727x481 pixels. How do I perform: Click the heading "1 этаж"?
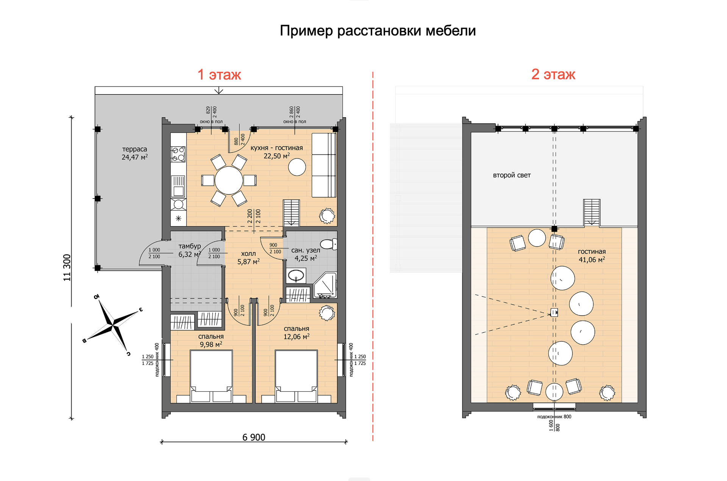tap(219, 74)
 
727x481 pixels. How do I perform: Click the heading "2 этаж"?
tap(553, 74)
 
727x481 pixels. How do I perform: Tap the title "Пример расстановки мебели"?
tap(378, 31)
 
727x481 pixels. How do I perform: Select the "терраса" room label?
tap(134, 149)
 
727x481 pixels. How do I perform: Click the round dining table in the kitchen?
tap(229, 180)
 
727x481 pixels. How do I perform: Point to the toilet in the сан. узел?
tap(329, 244)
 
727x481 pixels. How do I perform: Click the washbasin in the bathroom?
tap(296, 276)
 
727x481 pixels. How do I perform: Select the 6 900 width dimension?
tap(254, 438)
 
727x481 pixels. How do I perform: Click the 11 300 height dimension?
tap(67, 267)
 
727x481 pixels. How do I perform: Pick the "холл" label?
tap(248, 254)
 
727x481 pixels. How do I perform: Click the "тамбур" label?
tap(190, 246)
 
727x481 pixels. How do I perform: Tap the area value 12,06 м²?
tap(296, 337)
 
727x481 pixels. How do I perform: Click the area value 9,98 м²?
tap(211, 344)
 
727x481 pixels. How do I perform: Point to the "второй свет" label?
tap(512, 175)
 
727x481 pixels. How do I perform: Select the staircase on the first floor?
tap(291, 213)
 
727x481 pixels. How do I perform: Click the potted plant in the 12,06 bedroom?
tap(326, 313)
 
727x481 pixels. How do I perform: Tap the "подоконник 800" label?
tap(554, 417)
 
